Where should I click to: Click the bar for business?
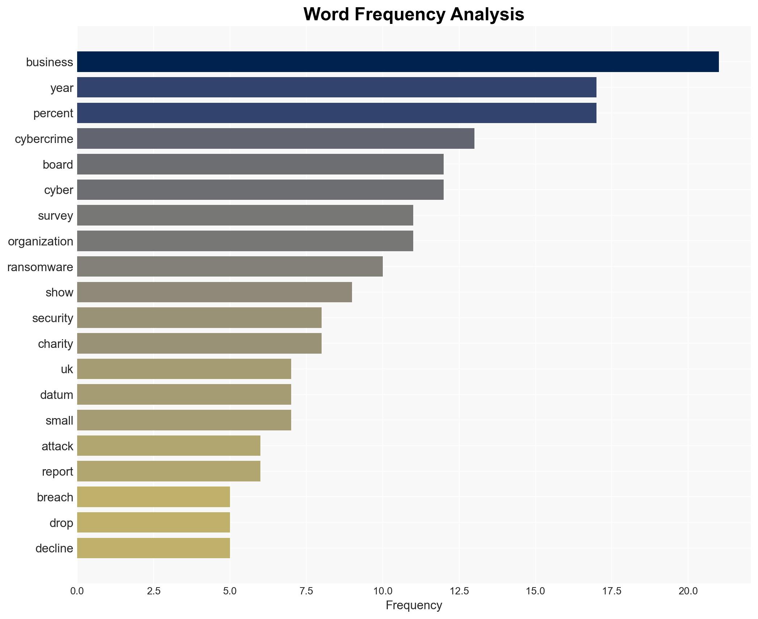(398, 62)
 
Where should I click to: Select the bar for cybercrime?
(276, 139)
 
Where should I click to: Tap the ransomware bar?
(230, 267)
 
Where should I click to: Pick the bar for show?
(214, 292)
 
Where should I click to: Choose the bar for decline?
(153, 548)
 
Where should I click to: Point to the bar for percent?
(336, 113)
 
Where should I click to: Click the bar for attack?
(168, 446)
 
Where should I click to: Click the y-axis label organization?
(41, 241)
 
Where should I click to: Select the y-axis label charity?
(55, 344)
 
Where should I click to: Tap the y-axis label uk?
(67, 369)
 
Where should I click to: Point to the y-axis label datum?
(56, 395)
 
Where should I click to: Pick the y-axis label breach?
(55, 497)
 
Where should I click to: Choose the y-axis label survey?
(55, 216)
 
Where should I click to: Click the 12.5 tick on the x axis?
(459, 591)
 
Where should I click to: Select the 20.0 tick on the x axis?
(688, 591)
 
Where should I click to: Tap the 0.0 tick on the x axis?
(77, 591)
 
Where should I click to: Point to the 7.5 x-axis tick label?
(306, 591)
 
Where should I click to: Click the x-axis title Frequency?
(414, 605)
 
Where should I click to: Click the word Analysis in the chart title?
(487, 14)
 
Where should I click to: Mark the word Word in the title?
(327, 14)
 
